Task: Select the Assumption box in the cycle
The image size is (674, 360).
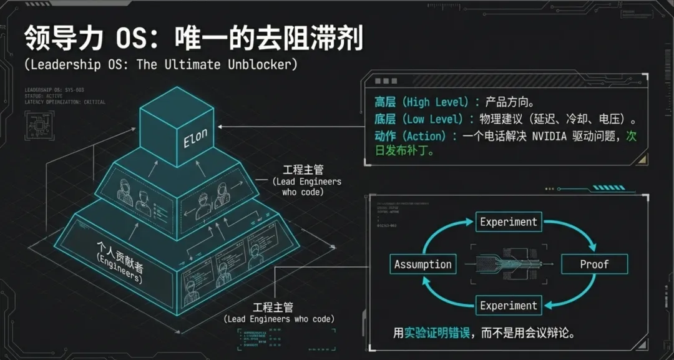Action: pos(422,265)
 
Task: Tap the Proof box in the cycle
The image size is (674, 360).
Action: pos(593,265)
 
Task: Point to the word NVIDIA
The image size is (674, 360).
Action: pos(550,137)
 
